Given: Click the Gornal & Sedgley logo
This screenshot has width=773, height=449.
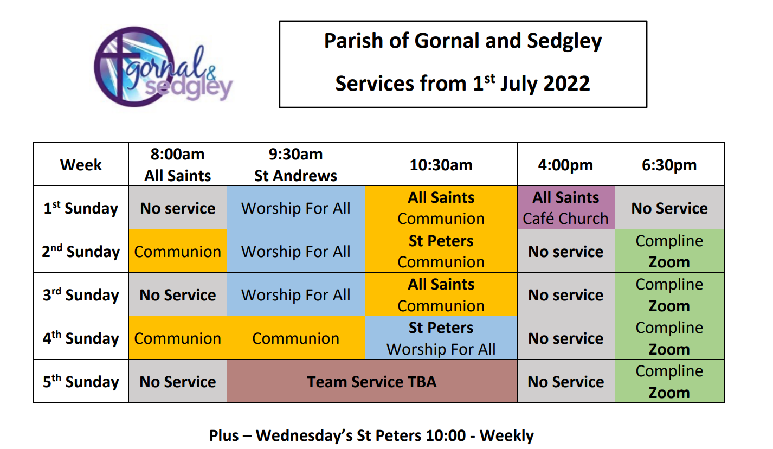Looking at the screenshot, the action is [163, 67].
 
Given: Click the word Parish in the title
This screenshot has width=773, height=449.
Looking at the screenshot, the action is [353, 41].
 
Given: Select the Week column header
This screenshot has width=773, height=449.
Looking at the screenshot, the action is [81, 165].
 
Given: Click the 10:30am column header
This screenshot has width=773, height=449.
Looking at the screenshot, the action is [441, 165].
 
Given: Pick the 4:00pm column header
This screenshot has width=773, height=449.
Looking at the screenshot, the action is [566, 165].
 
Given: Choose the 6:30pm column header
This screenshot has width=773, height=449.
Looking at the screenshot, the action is [669, 165].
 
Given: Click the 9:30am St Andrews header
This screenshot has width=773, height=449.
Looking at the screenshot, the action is [296, 165].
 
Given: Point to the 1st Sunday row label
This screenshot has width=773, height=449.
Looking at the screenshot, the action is [81, 208].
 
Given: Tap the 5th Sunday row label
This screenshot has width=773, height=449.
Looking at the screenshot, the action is [81, 381].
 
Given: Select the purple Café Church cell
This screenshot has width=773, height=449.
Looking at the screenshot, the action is [566, 208].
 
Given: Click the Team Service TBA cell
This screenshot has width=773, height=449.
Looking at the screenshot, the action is [372, 381].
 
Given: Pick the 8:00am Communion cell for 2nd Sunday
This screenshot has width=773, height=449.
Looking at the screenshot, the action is [178, 251].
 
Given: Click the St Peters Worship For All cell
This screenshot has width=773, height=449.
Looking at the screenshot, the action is [441, 338].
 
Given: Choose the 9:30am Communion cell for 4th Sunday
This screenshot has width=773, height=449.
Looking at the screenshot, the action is [296, 338].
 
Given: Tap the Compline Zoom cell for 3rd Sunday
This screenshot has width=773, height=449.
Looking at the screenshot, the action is [669, 295].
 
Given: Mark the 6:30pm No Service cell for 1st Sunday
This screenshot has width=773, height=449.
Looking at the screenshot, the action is [669, 208].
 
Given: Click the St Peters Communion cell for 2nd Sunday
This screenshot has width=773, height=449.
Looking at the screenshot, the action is [441, 251].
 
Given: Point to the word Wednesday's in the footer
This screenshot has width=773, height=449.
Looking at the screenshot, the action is [304, 436].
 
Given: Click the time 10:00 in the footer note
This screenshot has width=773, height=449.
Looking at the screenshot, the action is [446, 435].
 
